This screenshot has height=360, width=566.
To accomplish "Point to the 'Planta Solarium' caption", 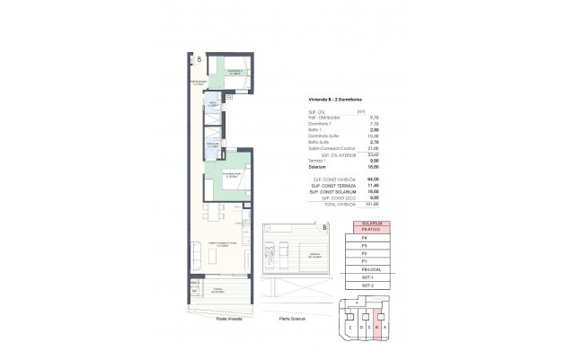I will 293,319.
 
